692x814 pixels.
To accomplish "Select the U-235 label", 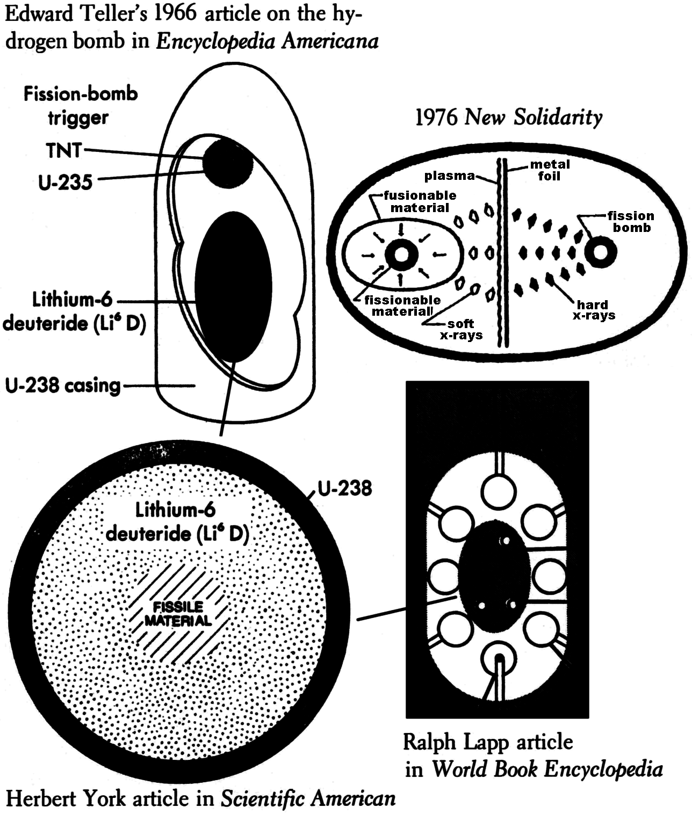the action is (x=66, y=182).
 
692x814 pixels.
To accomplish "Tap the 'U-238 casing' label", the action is (x=62, y=386).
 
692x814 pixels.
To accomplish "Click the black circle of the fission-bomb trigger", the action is (x=228, y=163).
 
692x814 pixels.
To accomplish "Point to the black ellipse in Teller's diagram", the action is (x=233, y=287).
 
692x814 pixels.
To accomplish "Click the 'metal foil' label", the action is (x=549, y=170).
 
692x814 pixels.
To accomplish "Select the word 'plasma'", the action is (x=449, y=176).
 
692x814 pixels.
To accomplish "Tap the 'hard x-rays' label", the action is (x=593, y=310).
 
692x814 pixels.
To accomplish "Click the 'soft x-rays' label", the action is (x=461, y=330).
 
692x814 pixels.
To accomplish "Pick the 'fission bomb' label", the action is (x=631, y=222).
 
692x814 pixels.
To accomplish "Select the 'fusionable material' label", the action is (x=420, y=201).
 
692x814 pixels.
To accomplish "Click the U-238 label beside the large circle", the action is (x=344, y=489).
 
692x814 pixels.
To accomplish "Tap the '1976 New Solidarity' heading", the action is (x=508, y=117).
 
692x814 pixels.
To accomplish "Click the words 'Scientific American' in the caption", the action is (x=308, y=798).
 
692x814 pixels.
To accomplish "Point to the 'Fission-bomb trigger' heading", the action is (x=81, y=106).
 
